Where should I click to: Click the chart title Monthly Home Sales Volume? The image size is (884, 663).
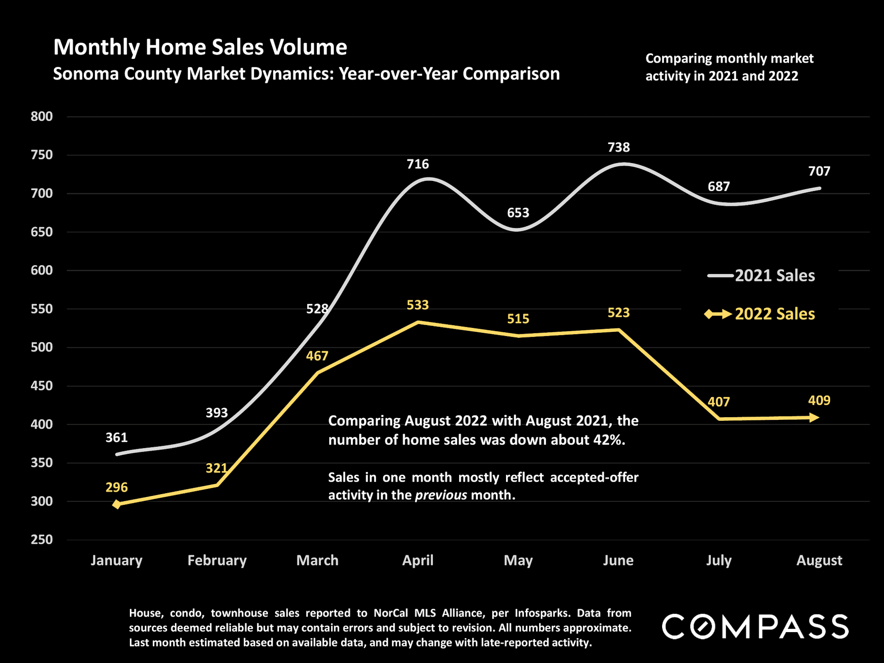click(x=200, y=47)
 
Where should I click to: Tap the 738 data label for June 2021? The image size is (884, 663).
click(x=618, y=147)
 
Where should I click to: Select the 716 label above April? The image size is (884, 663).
click(x=418, y=164)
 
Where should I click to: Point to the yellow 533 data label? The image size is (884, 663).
click(x=418, y=305)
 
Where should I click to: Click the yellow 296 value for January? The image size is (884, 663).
click(x=116, y=487)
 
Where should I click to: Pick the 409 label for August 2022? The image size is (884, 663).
click(x=819, y=401)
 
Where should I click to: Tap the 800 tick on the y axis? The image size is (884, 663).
click(x=42, y=116)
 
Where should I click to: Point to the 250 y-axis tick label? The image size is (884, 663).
click(x=42, y=540)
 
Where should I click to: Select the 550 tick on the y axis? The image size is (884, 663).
click(x=42, y=309)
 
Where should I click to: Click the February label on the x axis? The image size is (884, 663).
click(x=217, y=560)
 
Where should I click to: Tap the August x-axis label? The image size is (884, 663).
click(x=819, y=560)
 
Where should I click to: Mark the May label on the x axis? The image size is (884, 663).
click(x=518, y=560)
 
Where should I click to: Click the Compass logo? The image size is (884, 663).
click(x=755, y=627)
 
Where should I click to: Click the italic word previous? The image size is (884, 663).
click(x=441, y=495)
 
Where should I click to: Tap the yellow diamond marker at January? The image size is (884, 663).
click(x=117, y=505)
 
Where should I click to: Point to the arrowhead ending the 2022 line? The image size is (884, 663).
click(x=814, y=418)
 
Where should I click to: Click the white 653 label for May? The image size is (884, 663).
click(x=518, y=213)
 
